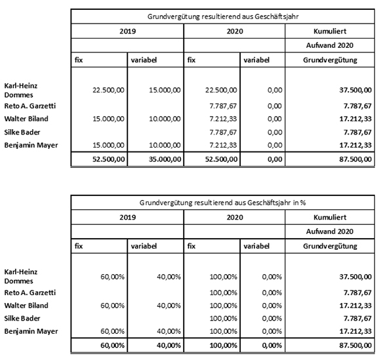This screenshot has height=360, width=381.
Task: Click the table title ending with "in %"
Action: (x=222, y=203)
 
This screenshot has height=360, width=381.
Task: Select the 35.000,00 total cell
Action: (x=165, y=159)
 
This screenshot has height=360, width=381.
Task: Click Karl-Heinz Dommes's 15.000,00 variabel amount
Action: (x=165, y=90)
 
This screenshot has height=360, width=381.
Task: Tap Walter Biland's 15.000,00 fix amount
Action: (x=108, y=119)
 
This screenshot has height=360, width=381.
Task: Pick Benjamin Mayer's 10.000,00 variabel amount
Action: (x=165, y=145)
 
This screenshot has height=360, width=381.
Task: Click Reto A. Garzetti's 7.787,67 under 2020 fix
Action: (x=223, y=106)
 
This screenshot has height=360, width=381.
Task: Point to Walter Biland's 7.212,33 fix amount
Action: (x=223, y=119)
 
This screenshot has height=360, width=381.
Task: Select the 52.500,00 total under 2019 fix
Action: (x=109, y=159)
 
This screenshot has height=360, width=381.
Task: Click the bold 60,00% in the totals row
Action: (x=113, y=346)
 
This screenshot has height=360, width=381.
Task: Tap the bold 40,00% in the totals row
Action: (x=169, y=346)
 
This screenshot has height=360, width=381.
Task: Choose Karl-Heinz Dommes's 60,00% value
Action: (x=113, y=277)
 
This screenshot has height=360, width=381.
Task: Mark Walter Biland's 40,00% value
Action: (x=169, y=306)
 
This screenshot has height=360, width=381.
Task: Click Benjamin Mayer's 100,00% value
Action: (x=224, y=331)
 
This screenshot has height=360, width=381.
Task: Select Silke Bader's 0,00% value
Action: (x=272, y=318)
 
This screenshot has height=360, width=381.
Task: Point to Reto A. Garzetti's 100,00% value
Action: (x=224, y=292)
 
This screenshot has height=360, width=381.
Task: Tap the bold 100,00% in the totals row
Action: (x=224, y=346)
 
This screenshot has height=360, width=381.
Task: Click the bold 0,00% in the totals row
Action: (x=272, y=346)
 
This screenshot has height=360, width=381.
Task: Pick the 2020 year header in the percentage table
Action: (x=235, y=217)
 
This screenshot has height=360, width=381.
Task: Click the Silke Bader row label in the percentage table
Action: (x=22, y=318)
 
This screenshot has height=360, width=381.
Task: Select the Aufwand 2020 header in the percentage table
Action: (x=330, y=231)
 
